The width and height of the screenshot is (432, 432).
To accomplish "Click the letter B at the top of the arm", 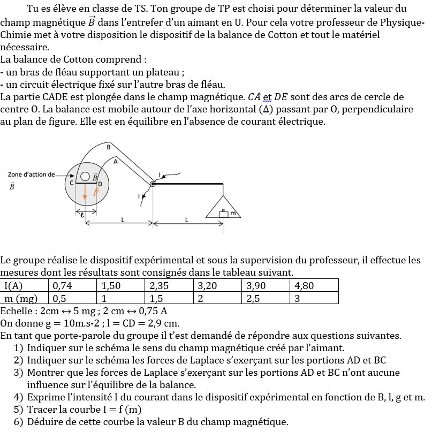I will (108, 147).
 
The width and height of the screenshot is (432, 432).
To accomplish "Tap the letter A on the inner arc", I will (116, 161).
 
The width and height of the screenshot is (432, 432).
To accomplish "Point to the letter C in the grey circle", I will (71, 183).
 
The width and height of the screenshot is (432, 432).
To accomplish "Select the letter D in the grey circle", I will (100, 184).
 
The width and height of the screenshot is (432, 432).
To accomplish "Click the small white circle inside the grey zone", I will (85, 176).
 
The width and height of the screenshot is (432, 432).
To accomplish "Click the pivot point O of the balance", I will (153, 184).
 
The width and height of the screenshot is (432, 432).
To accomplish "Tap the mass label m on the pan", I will (233, 214).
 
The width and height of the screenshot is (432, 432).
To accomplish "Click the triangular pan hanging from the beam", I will (223, 208).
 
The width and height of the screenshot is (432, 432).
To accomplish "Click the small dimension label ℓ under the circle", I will (81, 215).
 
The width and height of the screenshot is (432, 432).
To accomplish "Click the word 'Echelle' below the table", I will (16, 311).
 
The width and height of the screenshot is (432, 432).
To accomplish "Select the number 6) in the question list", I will (19, 422).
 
